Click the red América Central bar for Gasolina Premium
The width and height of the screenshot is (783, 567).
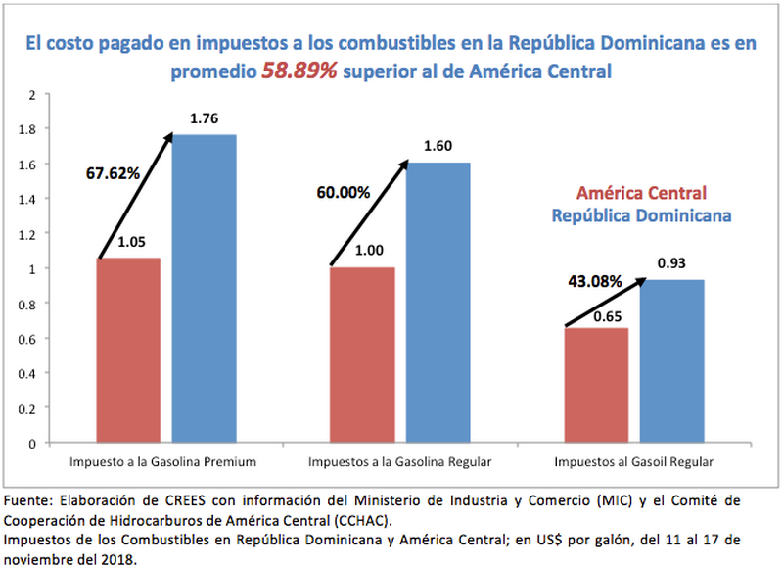pos(128,350)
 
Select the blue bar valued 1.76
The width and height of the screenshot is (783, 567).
pos(204,288)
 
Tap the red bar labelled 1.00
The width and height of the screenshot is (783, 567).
pos(362,354)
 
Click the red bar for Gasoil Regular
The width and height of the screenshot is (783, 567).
pos(595,385)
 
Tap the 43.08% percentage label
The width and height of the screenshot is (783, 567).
pos(594,282)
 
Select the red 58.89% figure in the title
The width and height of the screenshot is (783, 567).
pos(299,71)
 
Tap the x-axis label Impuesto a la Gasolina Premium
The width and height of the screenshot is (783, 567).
pos(162,460)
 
